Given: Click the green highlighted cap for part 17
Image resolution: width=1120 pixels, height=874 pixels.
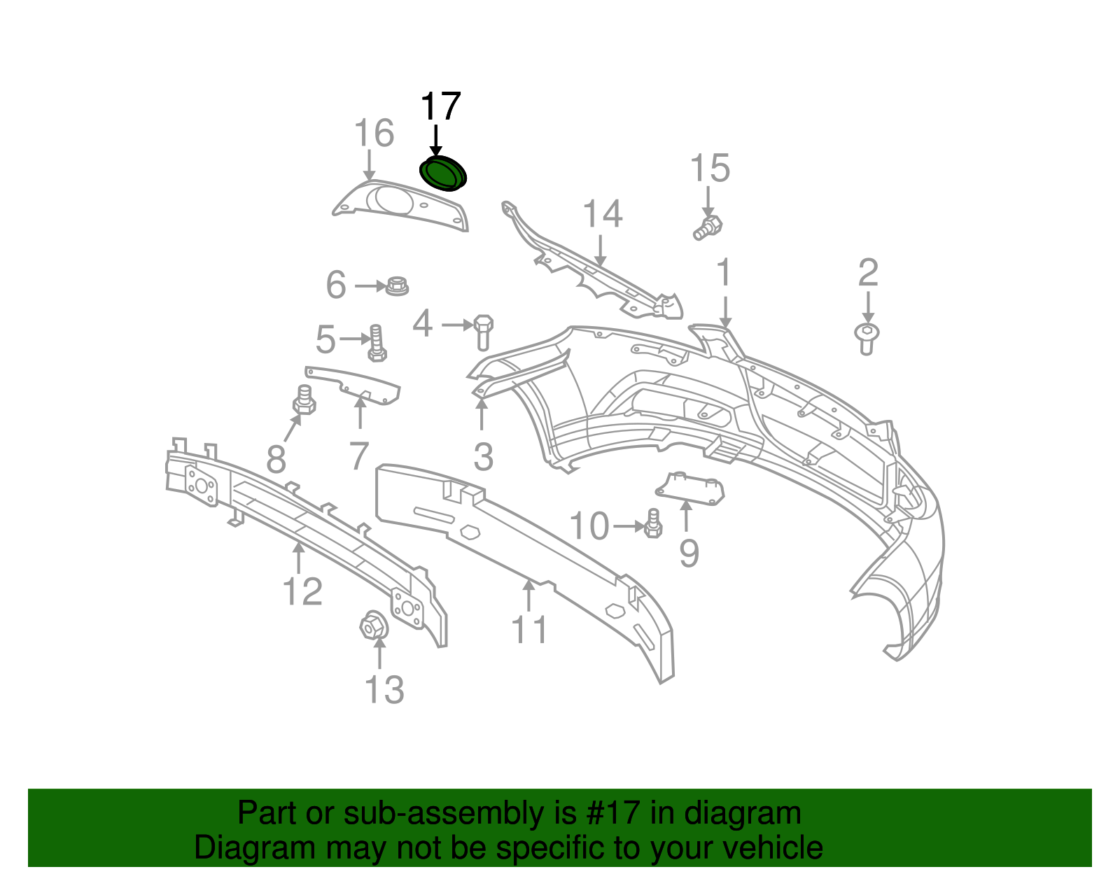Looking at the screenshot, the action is point(442,173).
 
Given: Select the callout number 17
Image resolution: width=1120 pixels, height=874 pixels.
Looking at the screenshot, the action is point(441,106).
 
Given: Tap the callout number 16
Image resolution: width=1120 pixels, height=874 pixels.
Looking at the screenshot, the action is point(374,133).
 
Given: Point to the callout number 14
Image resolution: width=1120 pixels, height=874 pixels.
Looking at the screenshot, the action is point(603,213).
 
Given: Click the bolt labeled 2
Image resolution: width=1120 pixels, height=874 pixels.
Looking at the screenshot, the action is point(867,339).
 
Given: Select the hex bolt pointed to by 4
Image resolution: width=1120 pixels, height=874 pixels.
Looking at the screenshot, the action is point(483,332).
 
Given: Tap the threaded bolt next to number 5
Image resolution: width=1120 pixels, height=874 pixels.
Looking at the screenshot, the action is point(377,343).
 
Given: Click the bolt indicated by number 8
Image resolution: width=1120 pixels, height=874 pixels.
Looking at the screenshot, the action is point(304,400).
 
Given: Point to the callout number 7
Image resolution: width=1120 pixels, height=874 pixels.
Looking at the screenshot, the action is point(358,456).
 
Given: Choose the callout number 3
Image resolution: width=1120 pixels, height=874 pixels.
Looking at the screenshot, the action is point(483,456).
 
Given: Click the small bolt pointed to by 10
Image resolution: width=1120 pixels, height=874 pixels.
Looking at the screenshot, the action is point(653,524).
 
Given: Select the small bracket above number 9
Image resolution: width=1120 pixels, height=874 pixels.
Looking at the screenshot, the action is point(690,488).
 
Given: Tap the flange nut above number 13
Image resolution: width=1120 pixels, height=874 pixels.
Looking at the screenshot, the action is point(374,626).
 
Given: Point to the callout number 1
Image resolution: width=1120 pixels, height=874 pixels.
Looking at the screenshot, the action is point(724,272).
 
